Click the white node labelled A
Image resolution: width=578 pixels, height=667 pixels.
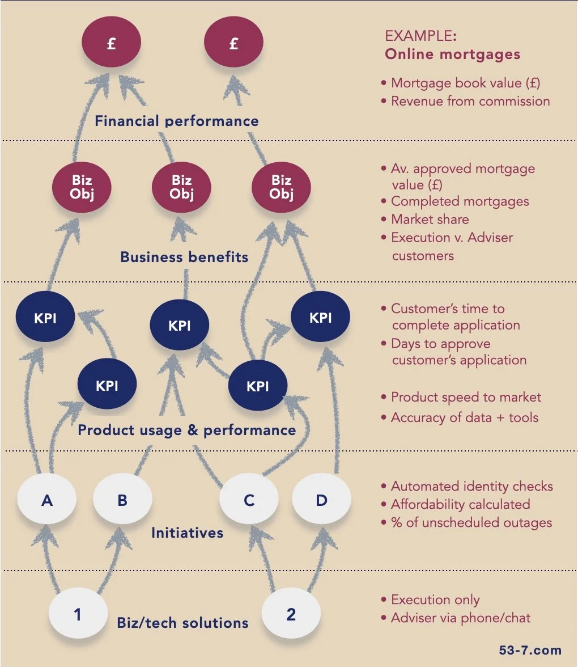[x=47, y=501]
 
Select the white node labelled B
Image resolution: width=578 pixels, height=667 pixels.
[x=122, y=501]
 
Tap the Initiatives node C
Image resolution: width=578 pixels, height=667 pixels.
[x=249, y=501]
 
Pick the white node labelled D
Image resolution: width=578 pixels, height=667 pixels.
[x=321, y=501]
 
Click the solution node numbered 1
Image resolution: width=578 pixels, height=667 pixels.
[x=78, y=614]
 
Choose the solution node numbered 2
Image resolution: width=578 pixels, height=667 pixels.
[x=291, y=614]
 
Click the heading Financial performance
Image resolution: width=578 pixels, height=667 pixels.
[x=177, y=121]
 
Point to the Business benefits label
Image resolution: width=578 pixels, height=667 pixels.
[x=184, y=257]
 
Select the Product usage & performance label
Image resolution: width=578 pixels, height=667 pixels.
[x=186, y=430]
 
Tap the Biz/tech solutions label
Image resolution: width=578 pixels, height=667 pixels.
[x=182, y=623]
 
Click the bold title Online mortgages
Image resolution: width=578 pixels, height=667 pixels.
[x=452, y=54]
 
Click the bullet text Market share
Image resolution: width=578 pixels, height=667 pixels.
[x=430, y=219]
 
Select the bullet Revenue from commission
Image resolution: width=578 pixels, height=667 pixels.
[x=470, y=102]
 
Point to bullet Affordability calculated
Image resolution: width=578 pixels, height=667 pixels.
[x=460, y=504]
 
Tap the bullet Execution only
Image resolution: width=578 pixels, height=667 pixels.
[x=435, y=600]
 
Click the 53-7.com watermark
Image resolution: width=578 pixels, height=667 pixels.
[x=531, y=651]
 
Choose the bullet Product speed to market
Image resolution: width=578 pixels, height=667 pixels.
[x=466, y=398]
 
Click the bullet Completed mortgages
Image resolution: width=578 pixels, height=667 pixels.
[x=460, y=201]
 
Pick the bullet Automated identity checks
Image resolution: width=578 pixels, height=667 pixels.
[x=471, y=487]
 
